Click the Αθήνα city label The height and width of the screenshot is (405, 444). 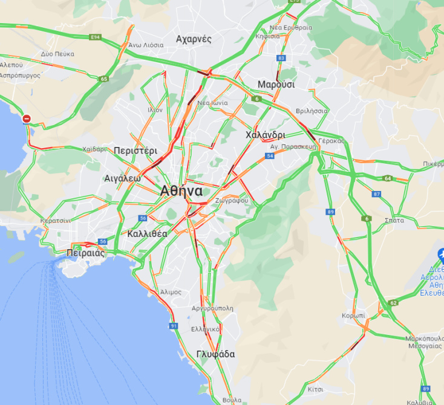coord(181,190)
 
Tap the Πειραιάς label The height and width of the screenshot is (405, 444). coord(87,253)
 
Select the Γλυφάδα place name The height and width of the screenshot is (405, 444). coord(215,354)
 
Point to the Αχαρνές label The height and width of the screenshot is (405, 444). coord(194,39)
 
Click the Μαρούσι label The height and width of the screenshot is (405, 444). coord(276,84)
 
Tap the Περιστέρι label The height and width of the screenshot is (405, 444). coord(135,150)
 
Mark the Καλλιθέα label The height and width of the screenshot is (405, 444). coord(148,233)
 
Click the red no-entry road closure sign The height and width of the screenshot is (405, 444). coord(27,118)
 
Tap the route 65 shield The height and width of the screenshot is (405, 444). coord(105,79)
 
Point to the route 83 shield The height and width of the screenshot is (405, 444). coord(281,58)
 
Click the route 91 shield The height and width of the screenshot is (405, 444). coord(174,326)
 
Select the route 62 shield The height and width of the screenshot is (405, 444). coord(394,303)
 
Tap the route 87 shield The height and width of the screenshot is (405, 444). coord(377,194)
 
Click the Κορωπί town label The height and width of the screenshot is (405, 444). coord(353,316)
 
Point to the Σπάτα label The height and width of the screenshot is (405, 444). coord(394,221)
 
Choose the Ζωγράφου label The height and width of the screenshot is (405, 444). coord(231,200)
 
